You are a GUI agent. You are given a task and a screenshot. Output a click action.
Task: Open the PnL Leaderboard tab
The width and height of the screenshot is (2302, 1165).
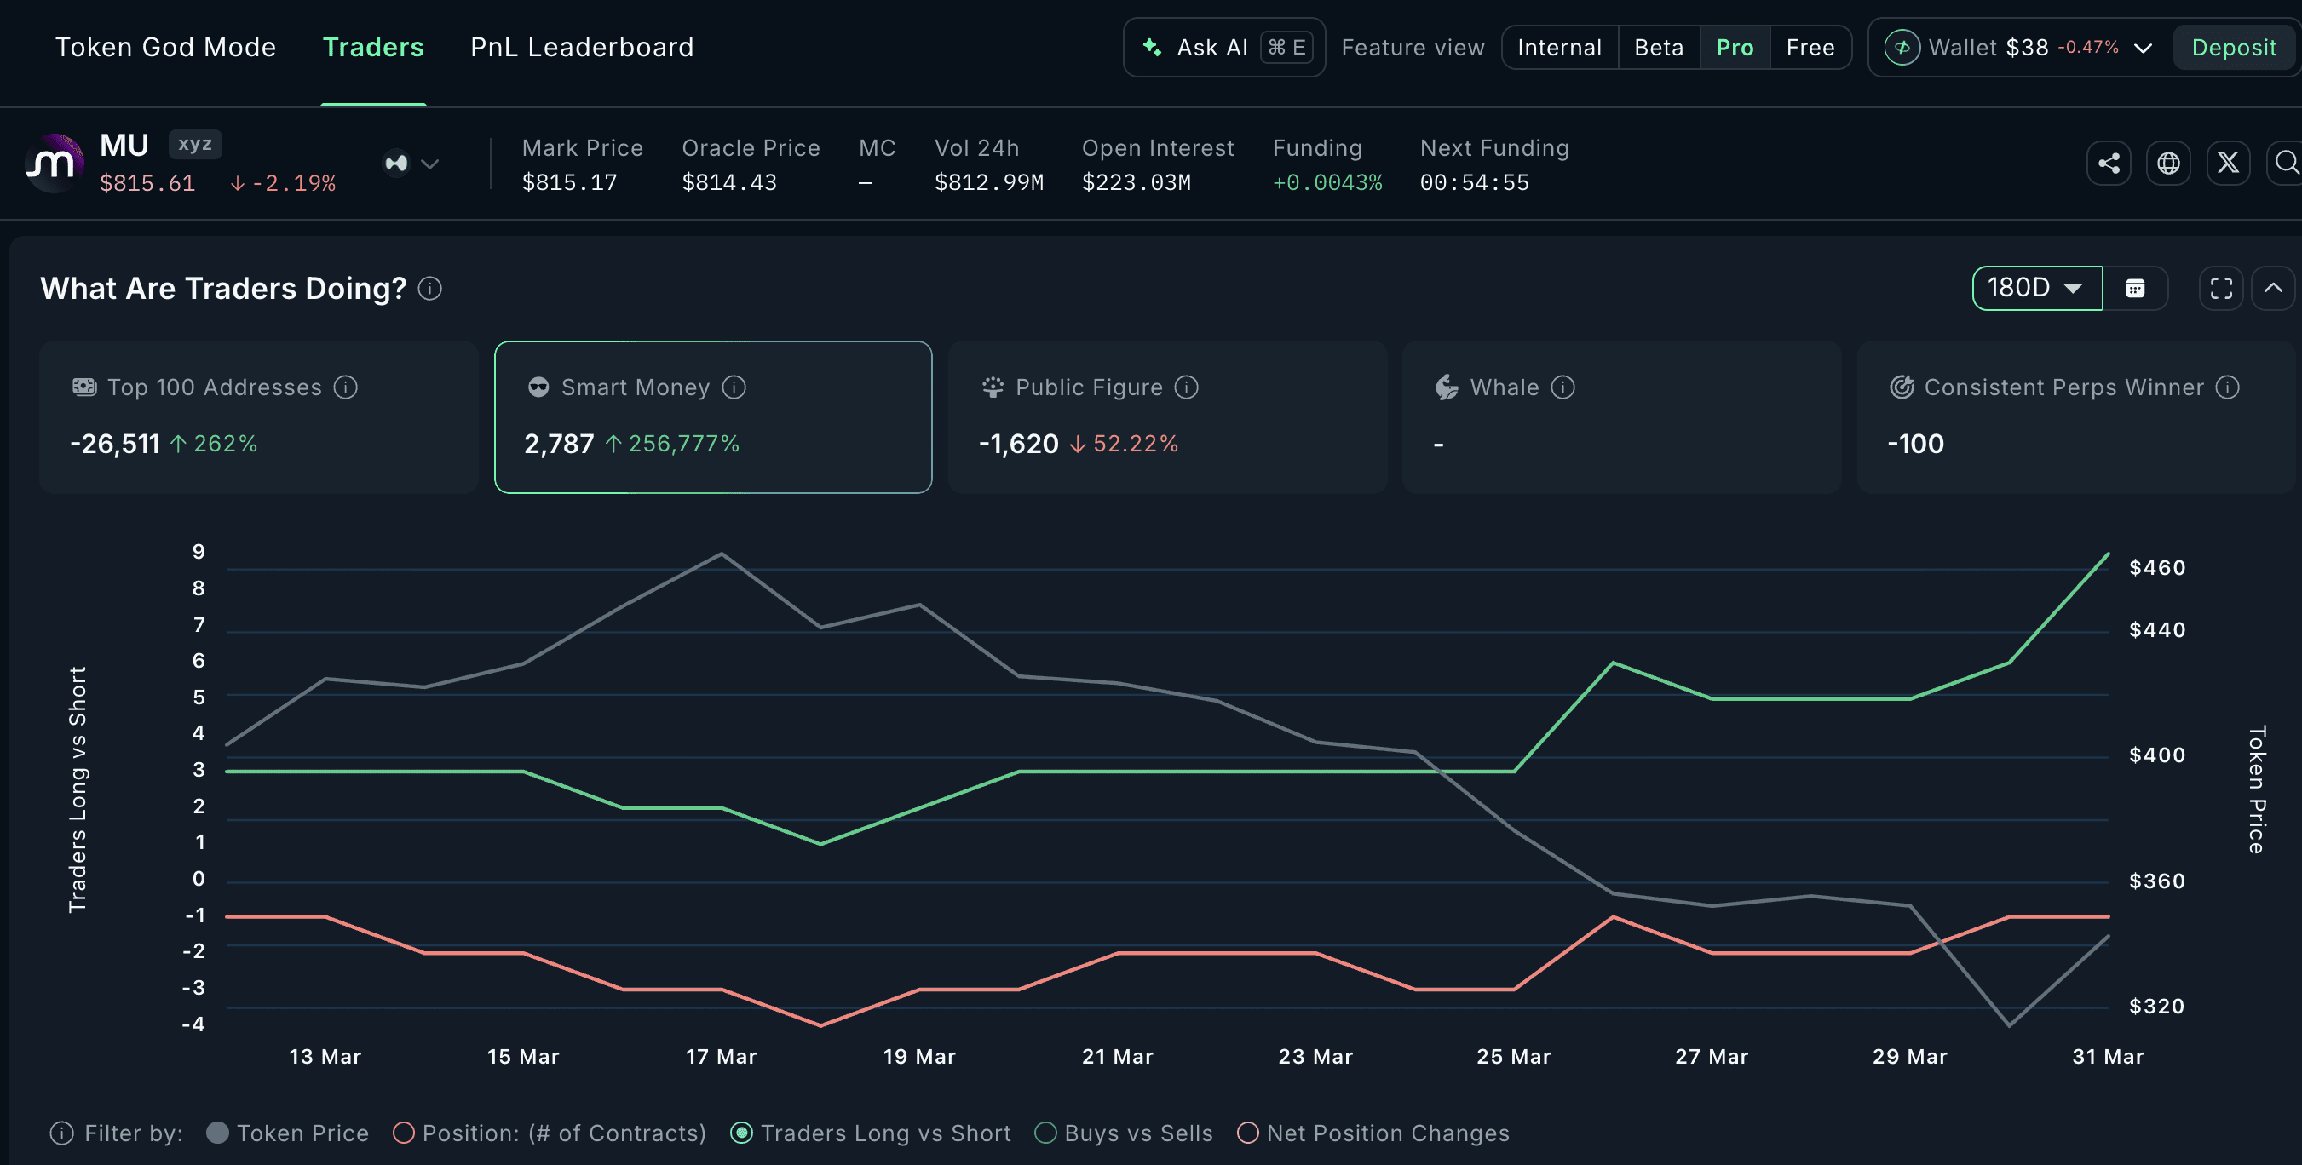tap(582, 48)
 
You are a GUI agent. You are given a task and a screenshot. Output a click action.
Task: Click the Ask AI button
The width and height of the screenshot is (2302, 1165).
tap(1223, 48)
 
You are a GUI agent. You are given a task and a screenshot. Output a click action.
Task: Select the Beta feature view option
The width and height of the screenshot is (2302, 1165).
tap(1659, 48)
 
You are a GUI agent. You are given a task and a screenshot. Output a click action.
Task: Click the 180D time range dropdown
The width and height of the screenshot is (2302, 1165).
tap(2036, 288)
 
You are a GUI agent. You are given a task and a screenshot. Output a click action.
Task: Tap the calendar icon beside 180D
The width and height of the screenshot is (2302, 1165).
tap(2135, 288)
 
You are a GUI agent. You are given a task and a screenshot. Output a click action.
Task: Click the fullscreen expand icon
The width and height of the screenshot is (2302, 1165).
tap(2221, 288)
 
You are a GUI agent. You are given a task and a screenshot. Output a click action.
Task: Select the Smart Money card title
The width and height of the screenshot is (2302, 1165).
tap(636, 387)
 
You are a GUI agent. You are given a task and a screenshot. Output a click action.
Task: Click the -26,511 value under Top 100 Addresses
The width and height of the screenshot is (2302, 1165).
tap(115, 443)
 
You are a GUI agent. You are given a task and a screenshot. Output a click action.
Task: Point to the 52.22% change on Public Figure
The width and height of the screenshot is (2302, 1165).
tap(1135, 443)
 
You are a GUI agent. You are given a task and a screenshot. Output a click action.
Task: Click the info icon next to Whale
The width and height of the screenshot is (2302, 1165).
tap(1563, 387)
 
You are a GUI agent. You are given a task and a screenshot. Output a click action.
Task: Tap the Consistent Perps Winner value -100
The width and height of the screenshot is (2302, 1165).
tap(1915, 443)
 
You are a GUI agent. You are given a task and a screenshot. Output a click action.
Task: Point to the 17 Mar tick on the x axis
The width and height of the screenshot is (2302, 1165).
tap(721, 1056)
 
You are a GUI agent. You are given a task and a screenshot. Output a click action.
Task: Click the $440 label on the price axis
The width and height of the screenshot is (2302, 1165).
tap(2157, 630)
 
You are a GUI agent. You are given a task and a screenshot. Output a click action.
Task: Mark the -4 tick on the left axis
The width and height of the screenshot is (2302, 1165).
tap(194, 1024)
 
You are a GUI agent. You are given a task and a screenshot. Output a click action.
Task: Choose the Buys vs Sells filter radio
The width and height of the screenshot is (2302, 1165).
tap(1045, 1133)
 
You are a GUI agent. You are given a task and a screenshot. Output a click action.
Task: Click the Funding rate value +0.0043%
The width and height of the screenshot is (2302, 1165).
tap(1327, 182)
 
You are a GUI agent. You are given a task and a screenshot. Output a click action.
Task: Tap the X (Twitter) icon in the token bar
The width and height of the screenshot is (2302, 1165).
tap(2228, 163)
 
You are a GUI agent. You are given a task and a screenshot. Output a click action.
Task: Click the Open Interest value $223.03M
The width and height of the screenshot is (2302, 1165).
tap(1136, 182)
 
